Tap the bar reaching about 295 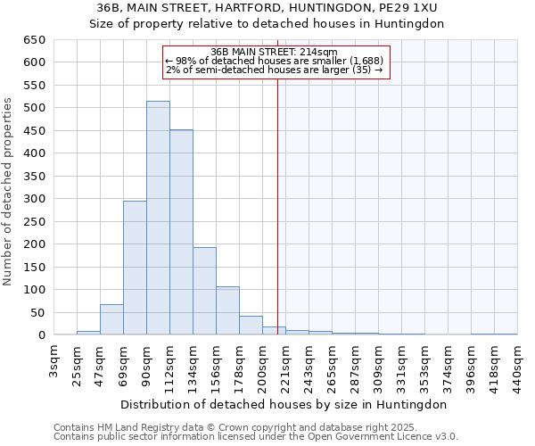[x=135, y=268]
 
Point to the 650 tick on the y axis [x=36, y=40]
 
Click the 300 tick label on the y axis [x=36, y=199]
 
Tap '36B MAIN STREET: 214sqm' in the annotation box [x=275, y=52]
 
